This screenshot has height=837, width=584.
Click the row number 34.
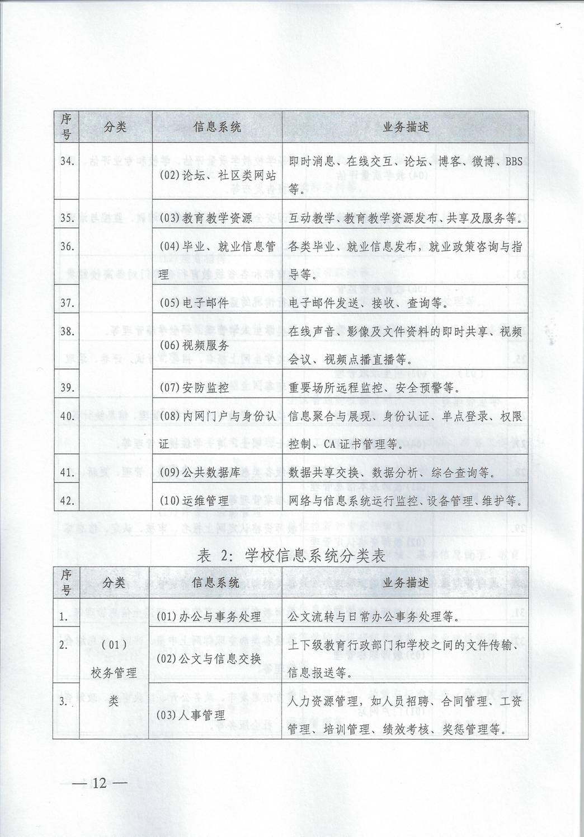point(68,162)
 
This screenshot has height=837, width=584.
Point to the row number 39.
point(68,387)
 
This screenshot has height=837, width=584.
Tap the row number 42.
point(68,501)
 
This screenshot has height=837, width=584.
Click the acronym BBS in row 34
point(513,162)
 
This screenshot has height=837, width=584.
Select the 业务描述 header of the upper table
point(406,127)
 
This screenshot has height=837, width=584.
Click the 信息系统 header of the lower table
point(216,583)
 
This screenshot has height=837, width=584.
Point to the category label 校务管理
point(114,672)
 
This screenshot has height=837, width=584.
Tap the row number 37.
point(68,303)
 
